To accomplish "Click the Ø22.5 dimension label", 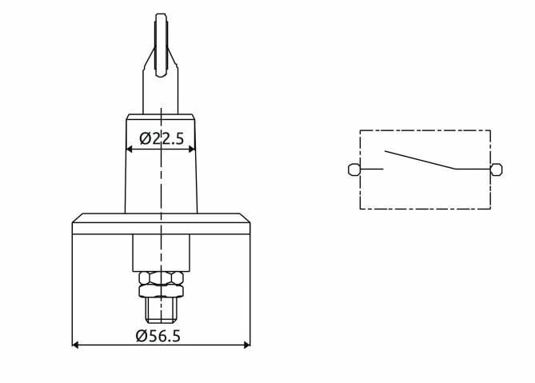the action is click(162, 138).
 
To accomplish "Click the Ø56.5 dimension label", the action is click(158, 336).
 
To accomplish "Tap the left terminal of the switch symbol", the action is click(353, 170).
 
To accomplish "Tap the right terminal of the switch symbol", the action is click(497, 170).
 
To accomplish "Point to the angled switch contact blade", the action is click(420, 160).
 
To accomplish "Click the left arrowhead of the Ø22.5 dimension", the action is click(129, 149).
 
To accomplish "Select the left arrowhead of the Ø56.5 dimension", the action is click(76, 345).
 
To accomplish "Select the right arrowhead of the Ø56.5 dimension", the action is click(247, 345).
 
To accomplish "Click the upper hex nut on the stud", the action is click(162, 278).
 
